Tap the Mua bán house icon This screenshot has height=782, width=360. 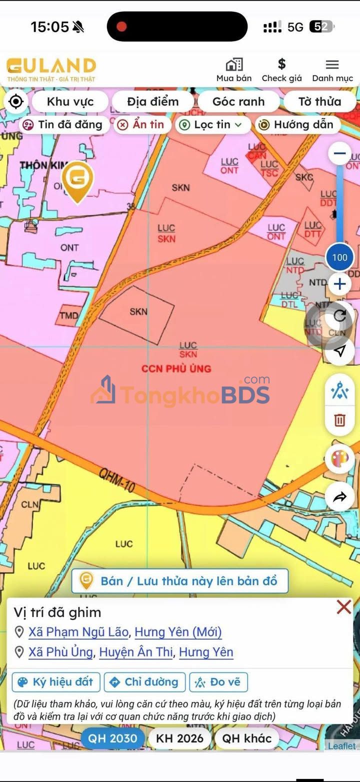(x=234, y=65)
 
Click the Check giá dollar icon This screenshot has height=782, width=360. (x=281, y=64)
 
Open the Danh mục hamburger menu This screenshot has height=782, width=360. (x=332, y=64)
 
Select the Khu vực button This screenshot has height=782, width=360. (x=70, y=101)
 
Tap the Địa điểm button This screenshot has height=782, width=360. (x=152, y=101)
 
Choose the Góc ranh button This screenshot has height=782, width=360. (x=238, y=101)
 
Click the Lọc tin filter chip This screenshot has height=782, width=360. (x=213, y=125)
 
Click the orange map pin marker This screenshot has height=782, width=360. (x=77, y=180)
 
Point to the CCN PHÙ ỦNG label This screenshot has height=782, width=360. (x=176, y=368)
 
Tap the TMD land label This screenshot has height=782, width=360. (x=69, y=315)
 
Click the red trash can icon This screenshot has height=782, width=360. (x=339, y=420)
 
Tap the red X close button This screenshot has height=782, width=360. (x=344, y=607)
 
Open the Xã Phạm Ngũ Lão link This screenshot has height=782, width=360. (x=78, y=632)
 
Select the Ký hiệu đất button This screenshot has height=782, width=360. (x=56, y=682)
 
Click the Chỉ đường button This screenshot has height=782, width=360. (x=144, y=682)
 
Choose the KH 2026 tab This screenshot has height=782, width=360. (x=180, y=738)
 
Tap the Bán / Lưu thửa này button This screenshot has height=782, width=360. (x=180, y=581)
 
